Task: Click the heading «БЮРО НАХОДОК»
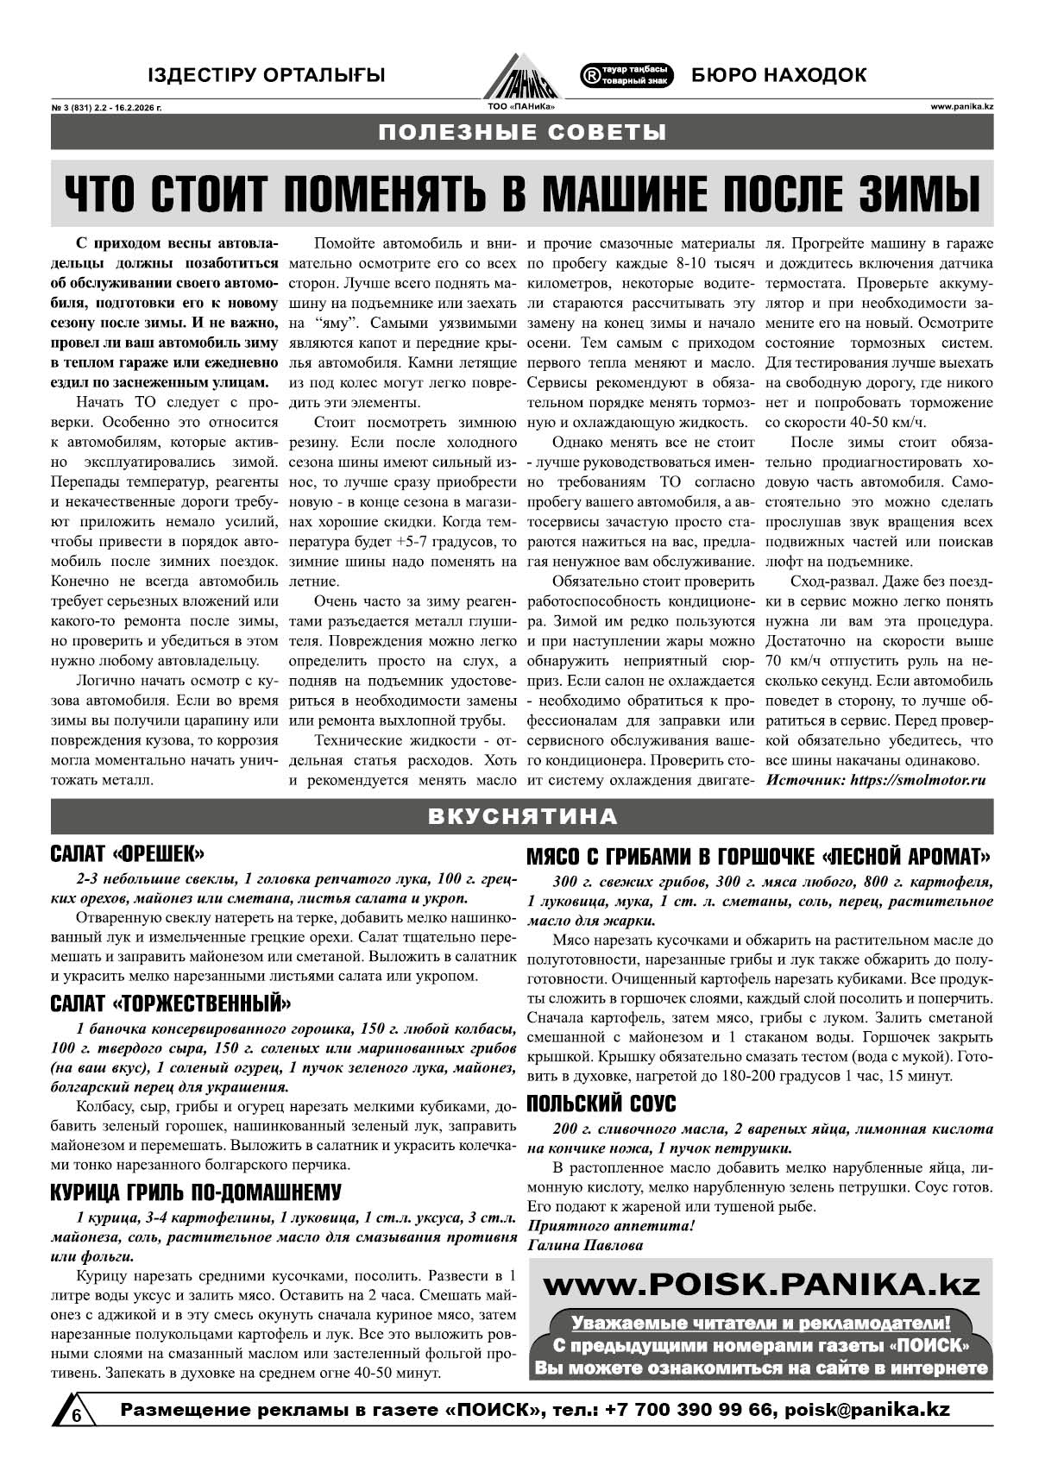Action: tap(778, 76)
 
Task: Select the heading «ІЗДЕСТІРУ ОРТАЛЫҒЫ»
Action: tap(266, 76)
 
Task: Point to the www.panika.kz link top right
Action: tap(961, 107)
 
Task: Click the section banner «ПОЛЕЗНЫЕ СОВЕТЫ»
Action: tap(522, 133)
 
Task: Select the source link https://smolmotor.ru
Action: tap(917, 780)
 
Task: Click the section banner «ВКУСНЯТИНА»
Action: tap(522, 816)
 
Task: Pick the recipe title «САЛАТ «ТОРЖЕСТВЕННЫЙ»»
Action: tap(171, 1003)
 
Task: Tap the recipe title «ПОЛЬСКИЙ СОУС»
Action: tap(601, 1104)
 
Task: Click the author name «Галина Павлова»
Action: tap(584, 1245)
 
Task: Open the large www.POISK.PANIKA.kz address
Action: tap(762, 1285)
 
